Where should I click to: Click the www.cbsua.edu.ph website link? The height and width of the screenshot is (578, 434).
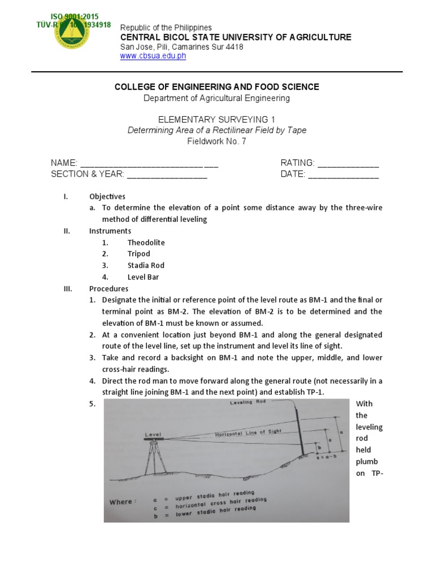pyautogui.click(x=153, y=56)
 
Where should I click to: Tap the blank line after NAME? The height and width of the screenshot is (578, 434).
pyautogui.click(x=149, y=164)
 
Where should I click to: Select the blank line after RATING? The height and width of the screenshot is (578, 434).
pyautogui.click(x=348, y=164)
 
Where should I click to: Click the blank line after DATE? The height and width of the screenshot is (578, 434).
pyautogui.click(x=343, y=175)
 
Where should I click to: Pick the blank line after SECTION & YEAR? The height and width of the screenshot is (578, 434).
pyautogui.click(x=167, y=175)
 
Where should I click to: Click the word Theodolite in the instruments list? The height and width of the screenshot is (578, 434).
pyautogui.click(x=146, y=242)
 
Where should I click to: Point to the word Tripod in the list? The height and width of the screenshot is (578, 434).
pyautogui.click(x=138, y=253)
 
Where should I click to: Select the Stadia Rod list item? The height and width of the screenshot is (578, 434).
pyautogui.click(x=146, y=265)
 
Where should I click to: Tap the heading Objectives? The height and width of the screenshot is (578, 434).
pyautogui.click(x=107, y=196)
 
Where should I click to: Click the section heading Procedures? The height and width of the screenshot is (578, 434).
pyautogui.click(x=109, y=288)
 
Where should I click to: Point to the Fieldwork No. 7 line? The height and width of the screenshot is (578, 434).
pyautogui.click(x=216, y=141)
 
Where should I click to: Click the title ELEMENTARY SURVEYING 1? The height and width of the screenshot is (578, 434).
pyautogui.click(x=216, y=120)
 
